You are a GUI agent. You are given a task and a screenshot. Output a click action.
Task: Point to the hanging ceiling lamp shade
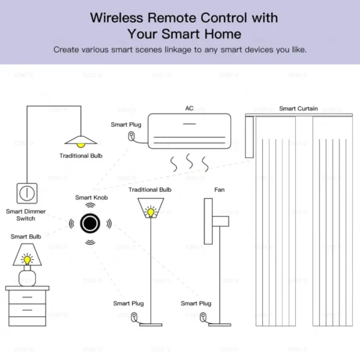pyautogui.click(x=80, y=141)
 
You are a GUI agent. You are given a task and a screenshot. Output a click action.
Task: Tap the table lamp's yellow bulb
pyautogui.click(x=26, y=260)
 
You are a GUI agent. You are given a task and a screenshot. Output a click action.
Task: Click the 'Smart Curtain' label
pyautogui.click(x=298, y=109)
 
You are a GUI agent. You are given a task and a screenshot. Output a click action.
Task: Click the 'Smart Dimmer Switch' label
pyautogui.click(x=26, y=215)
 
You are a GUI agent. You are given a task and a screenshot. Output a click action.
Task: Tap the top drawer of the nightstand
pyautogui.click(x=26, y=297)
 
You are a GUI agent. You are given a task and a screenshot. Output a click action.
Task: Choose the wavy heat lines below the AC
pyautogui.click(x=190, y=161)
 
